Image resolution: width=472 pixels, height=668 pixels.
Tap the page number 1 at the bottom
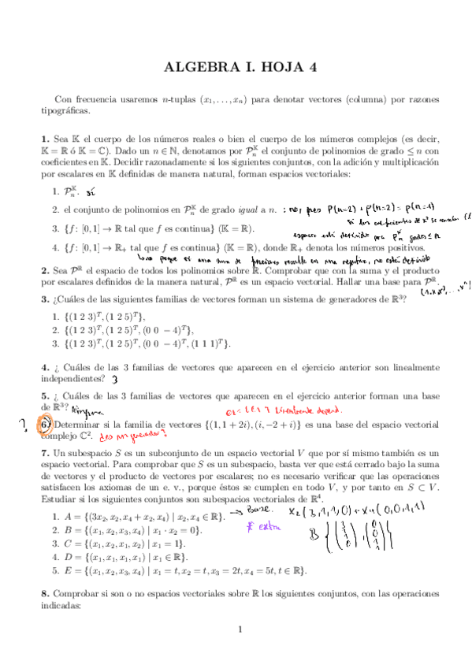pos(237,629)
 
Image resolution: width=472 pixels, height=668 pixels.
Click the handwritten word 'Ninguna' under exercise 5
pos(85,410)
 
